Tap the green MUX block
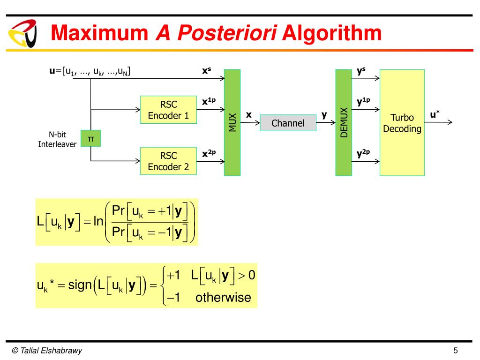[x=232, y=122]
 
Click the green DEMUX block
[x=344, y=122]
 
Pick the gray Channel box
[x=288, y=123]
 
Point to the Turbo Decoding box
[x=402, y=123]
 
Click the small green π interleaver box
[x=90, y=138]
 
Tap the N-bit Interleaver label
[x=57, y=140]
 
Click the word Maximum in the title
[x=99, y=33]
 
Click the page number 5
[x=455, y=351]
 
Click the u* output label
[x=435, y=115]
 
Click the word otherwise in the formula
[x=223, y=297]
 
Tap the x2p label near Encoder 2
[x=209, y=153]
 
